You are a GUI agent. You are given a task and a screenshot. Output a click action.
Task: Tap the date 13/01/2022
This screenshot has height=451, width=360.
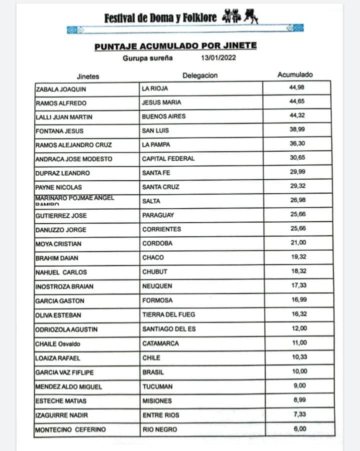coord(218,57)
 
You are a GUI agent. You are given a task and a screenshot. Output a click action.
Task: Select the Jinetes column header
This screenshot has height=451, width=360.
coord(88,76)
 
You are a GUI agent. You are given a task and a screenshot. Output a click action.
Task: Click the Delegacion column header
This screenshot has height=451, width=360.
coord(200,75)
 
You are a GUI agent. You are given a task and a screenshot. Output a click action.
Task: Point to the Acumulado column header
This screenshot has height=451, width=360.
coord(295,75)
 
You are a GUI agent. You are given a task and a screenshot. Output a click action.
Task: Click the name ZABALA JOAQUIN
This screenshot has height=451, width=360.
coord(61,89)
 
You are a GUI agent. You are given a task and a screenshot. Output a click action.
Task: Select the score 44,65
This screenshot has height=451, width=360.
coord(297,101)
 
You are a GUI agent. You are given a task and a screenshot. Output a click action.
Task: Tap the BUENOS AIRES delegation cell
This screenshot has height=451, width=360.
coord(163,116)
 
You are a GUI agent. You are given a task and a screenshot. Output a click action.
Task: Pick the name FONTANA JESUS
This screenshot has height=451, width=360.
coord(59,131)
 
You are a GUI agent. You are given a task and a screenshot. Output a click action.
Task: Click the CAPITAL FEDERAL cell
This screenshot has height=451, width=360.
coord(168,159)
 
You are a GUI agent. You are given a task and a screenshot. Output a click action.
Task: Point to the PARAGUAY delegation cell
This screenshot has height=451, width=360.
coord(158,215)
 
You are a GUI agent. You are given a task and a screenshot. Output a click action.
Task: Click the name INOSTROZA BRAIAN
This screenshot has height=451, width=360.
coord(64,287)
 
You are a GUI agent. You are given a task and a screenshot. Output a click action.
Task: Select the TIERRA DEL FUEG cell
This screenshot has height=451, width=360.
coord(168,315)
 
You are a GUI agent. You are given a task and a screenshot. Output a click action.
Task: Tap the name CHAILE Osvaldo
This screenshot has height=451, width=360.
coord(58,344)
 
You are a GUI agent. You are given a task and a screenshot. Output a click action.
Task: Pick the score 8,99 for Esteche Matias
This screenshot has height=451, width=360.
coord(298,400)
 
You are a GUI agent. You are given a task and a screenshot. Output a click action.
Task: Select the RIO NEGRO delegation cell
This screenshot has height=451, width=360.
coord(157,430)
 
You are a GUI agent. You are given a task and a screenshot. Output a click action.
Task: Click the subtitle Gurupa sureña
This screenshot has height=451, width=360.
coord(147,57)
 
